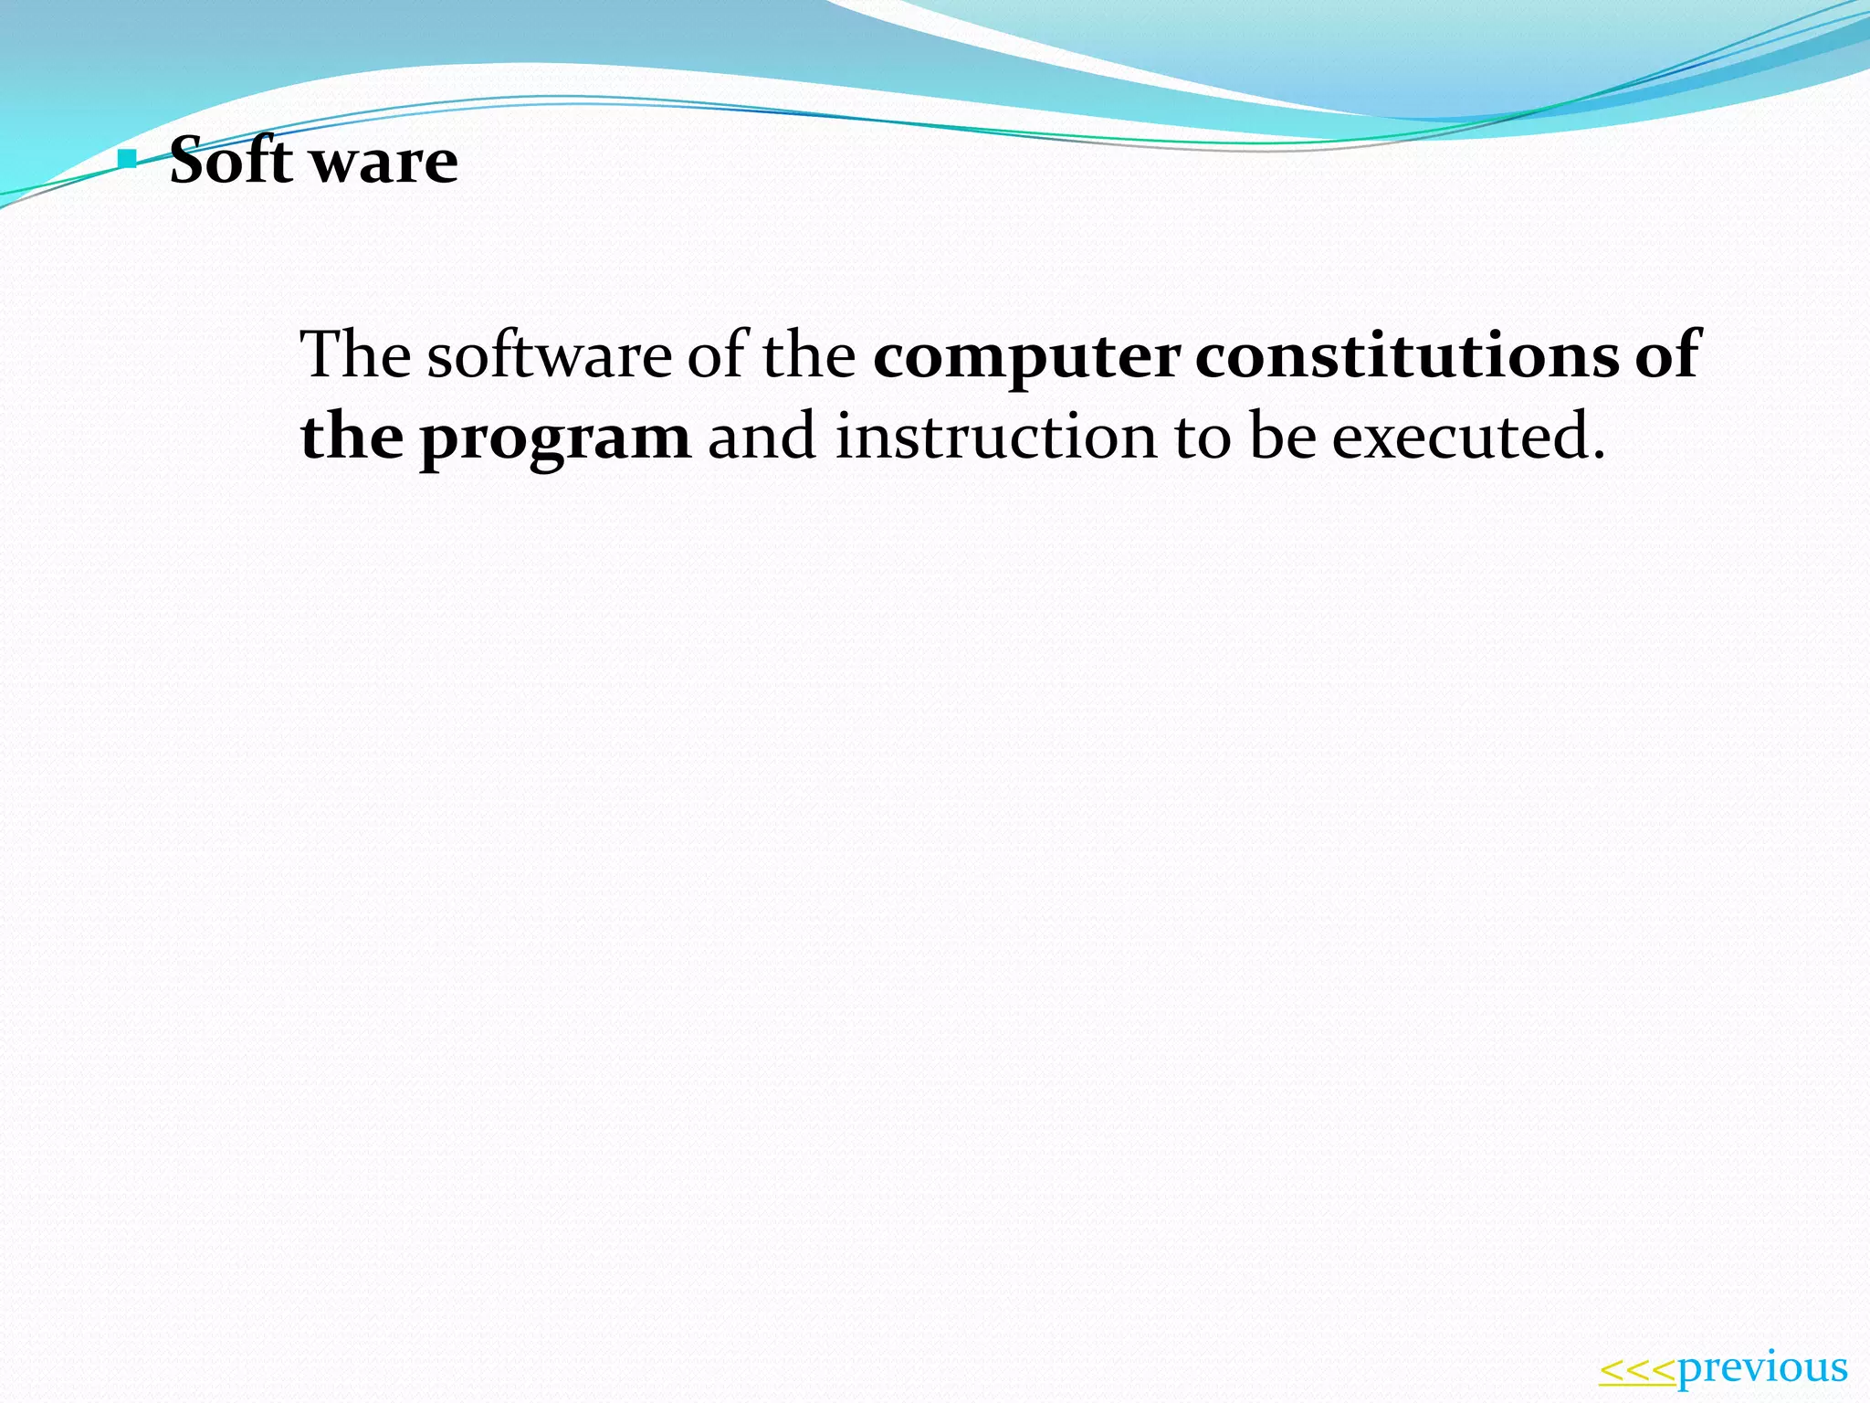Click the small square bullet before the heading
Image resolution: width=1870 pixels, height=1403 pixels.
[x=128, y=162]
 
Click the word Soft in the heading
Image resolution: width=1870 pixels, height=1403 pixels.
[x=231, y=162]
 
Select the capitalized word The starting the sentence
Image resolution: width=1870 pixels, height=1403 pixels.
[x=355, y=354]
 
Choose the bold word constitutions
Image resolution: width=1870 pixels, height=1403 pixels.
[x=1407, y=354]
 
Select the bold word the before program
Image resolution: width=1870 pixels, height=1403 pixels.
[x=352, y=437]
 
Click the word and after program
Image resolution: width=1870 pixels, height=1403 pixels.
[x=762, y=437]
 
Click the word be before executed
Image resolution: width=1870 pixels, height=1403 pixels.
[x=1283, y=437]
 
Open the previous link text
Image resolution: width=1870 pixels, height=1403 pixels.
[x=1763, y=1368]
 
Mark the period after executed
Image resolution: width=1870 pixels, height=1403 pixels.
[x=1597, y=454]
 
